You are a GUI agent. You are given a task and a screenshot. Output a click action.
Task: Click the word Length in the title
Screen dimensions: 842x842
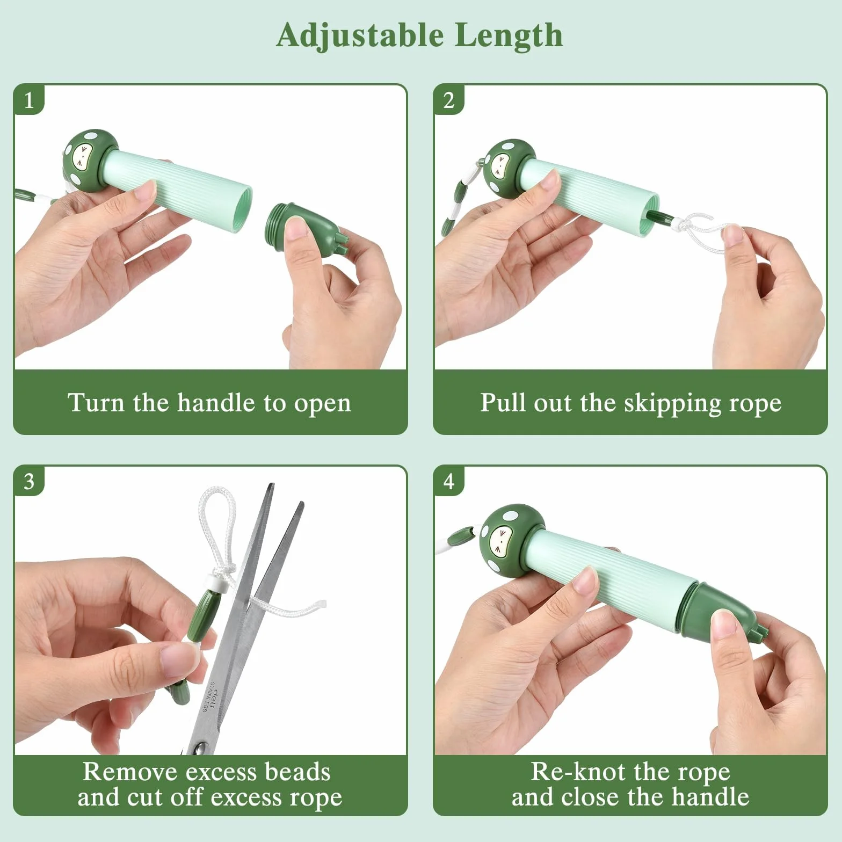510,35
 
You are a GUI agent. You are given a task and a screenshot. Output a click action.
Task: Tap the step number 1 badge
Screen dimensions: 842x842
28,100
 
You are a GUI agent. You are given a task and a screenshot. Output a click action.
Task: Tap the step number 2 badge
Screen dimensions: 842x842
449,100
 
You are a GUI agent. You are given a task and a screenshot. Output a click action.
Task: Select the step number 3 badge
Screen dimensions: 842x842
28,482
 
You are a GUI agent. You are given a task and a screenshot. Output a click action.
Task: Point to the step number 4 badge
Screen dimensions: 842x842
449,482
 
